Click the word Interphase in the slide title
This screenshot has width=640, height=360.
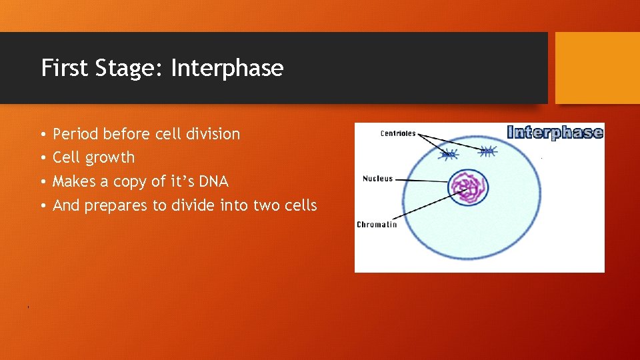point(227,68)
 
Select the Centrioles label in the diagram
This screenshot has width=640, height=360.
point(397,133)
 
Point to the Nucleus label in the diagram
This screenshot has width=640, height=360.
point(377,179)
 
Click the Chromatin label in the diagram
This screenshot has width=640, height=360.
point(377,225)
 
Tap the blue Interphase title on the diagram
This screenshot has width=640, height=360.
point(555,132)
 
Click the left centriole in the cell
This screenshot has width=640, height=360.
point(449,154)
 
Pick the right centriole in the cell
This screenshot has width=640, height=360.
point(488,151)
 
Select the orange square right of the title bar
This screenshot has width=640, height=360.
point(597,68)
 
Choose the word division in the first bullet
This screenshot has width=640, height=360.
point(215,134)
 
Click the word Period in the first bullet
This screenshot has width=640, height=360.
point(75,134)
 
